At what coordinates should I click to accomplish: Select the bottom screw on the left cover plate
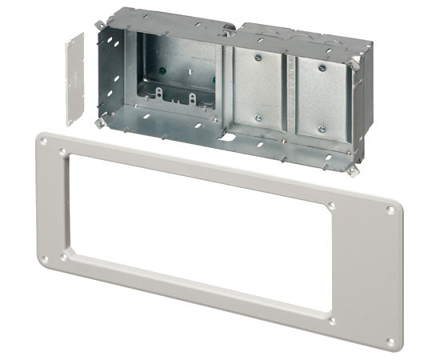click(x=259, y=118)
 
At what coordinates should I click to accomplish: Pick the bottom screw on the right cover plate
click(x=321, y=128)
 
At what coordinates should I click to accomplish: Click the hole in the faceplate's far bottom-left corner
click(x=43, y=258)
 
